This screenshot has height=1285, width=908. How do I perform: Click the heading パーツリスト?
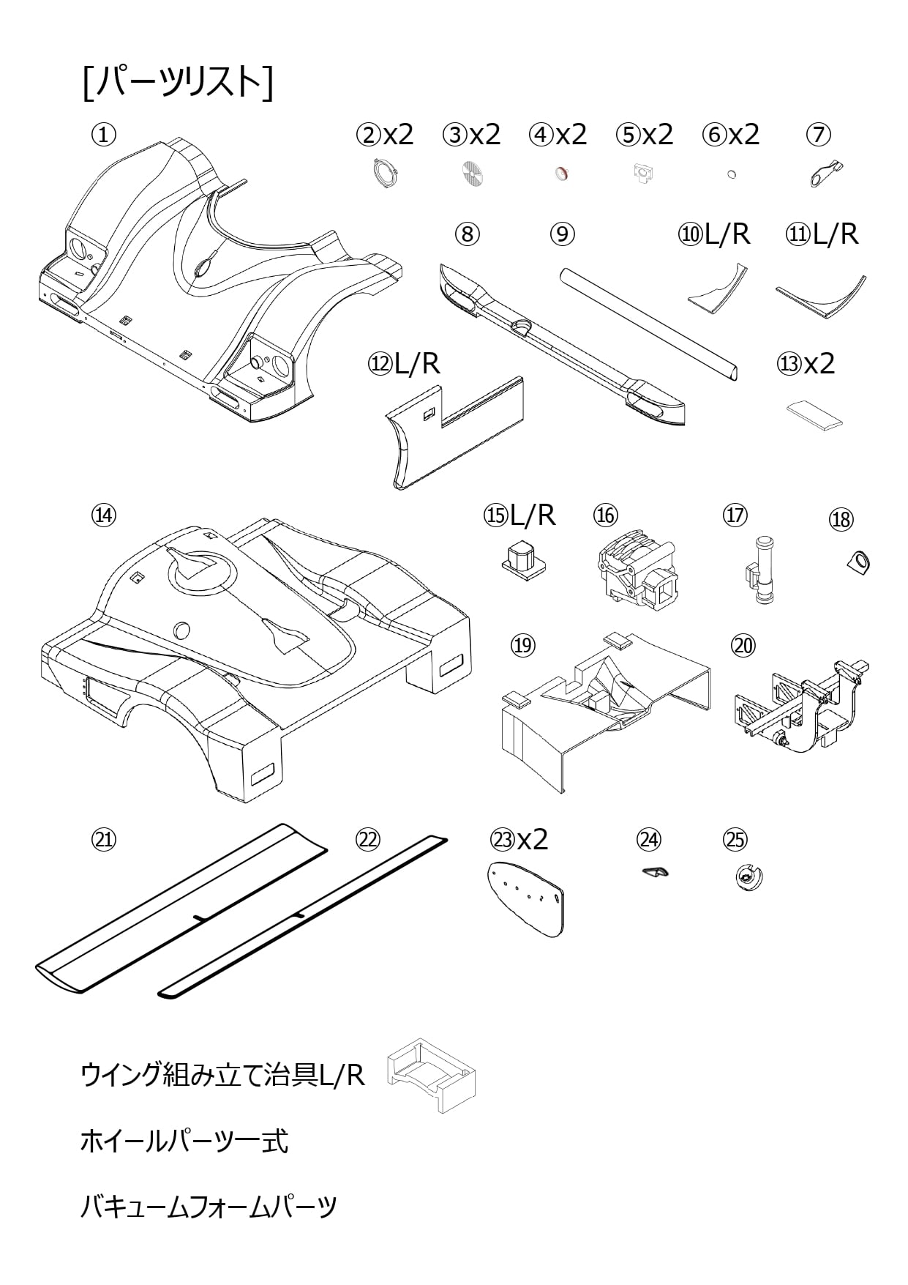179,82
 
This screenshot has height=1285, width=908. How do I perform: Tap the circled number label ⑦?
819,135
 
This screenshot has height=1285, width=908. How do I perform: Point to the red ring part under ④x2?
561,174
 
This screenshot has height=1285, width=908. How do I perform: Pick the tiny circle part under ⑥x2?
731,174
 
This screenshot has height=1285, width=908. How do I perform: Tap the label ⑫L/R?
405,364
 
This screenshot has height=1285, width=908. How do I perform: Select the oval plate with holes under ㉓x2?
527,897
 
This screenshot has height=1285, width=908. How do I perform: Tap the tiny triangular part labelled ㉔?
656,871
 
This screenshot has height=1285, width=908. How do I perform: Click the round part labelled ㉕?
748,876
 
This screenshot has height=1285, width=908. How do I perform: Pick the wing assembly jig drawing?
431,1074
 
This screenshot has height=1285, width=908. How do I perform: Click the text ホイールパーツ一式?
184,1141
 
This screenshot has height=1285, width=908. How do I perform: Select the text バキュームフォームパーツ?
209,1206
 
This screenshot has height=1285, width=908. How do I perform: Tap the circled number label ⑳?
743,645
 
